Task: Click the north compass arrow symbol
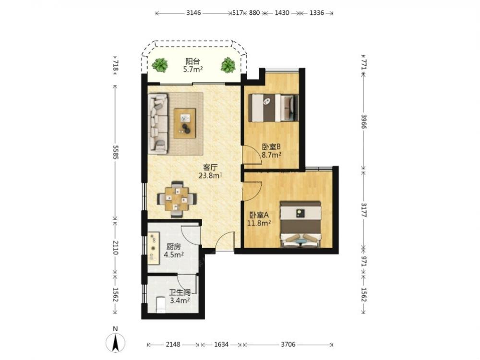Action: click(x=115, y=342)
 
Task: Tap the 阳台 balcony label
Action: click(x=193, y=61)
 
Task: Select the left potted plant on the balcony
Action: click(x=160, y=65)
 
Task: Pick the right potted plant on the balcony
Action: click(x=228, y=65)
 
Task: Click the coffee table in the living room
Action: click(x=185, y=123)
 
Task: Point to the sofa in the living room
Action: click(x=158, y=124)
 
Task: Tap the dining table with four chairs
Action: click(x=177, y=199)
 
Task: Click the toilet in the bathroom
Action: click(x=161, y=305)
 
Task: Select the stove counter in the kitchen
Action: click(x=154, y=248)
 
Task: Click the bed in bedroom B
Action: click(x=273, y=108)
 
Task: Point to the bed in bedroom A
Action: click(x=300, y=224)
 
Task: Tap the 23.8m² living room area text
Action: click(x=210, y=176)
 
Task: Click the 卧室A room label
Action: click(x=259, y=215)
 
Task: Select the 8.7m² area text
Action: click(x=271, y=155)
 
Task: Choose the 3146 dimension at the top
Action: click(x=193, y=13)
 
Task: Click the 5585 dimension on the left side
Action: click(x=115, y=152)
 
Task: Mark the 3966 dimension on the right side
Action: click(x=363, y=121)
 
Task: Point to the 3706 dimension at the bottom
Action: click(x=288, y=345)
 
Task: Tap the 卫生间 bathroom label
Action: click(x=180, y=293)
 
